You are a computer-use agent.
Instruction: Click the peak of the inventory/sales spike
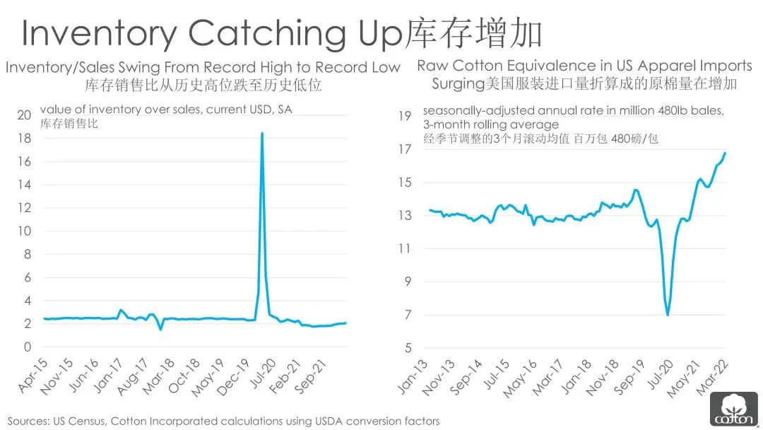point(262,133)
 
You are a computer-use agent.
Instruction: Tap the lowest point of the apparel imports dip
point(668,315)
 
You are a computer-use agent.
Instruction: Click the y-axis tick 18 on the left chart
point(24,139)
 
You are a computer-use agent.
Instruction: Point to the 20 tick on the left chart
point(24,115)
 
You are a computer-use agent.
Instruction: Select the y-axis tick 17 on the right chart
point(404,149)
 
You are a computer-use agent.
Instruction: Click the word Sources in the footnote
point(28,421)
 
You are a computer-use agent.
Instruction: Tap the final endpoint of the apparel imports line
point(725,153)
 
